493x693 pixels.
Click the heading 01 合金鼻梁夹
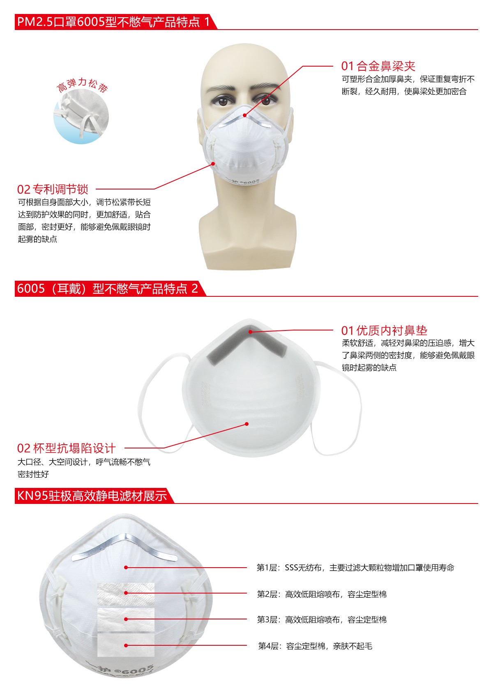(378, 66)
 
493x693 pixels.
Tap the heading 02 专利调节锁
(53, 189)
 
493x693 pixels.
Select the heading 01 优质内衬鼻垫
(384, 330)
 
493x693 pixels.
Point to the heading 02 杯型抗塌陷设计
(66, 448)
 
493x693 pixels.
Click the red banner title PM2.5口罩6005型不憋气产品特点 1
(113, 22)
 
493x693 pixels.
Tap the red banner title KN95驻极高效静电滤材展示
(92, 496)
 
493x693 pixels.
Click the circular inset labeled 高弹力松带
(81, 116)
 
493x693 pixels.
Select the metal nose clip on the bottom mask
(124, 545)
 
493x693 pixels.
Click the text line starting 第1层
(355, 568)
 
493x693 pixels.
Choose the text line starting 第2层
(322, 594)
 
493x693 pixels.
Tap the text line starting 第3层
(322, 619)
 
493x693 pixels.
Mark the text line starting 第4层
(315, 646)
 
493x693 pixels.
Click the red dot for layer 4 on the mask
(126, 645)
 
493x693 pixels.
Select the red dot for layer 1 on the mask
(126, 567)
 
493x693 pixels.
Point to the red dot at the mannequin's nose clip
(245, 115)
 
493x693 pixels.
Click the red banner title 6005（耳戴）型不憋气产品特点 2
(107, 289)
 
